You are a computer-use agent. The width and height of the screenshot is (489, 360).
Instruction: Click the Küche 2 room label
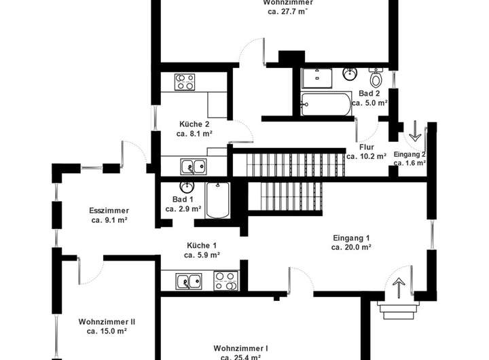tap(194, 124)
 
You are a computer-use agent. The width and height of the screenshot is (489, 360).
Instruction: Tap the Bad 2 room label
tap(369, 93)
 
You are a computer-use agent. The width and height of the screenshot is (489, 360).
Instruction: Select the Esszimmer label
tap(109, 211)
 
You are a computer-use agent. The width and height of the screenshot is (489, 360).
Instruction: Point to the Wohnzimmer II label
tap(107, 321)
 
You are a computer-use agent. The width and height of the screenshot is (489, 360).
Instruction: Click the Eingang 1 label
tap(351, 238)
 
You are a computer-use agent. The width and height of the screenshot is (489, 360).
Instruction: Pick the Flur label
tap(367, 147)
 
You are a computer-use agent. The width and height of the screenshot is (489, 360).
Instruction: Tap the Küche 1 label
tap(202, 245)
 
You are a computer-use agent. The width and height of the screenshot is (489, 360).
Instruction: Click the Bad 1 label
tap(183, 199)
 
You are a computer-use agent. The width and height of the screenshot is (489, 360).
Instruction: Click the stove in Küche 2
tap(185, 82)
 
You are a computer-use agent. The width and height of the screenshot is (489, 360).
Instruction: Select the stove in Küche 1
tap(224, 280)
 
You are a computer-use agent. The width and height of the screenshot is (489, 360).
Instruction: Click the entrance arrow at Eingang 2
tap(413, 128)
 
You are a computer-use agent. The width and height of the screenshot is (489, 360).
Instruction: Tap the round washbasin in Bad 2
tap(350, 73)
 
